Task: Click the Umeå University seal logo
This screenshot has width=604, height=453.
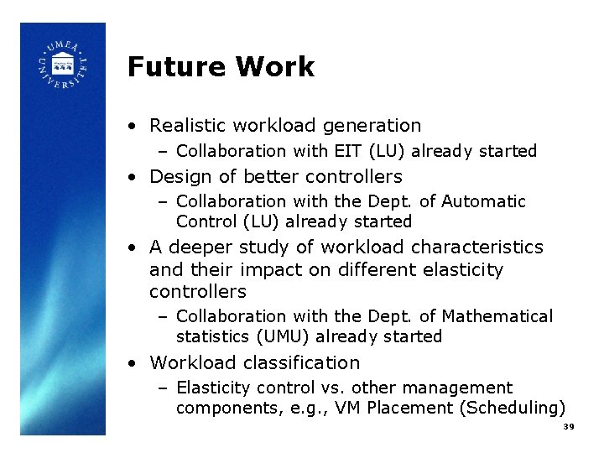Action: (x=63, y=66)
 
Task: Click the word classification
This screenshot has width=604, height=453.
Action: (x=302, y=363)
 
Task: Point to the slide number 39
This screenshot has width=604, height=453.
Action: (x=568, y=427)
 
